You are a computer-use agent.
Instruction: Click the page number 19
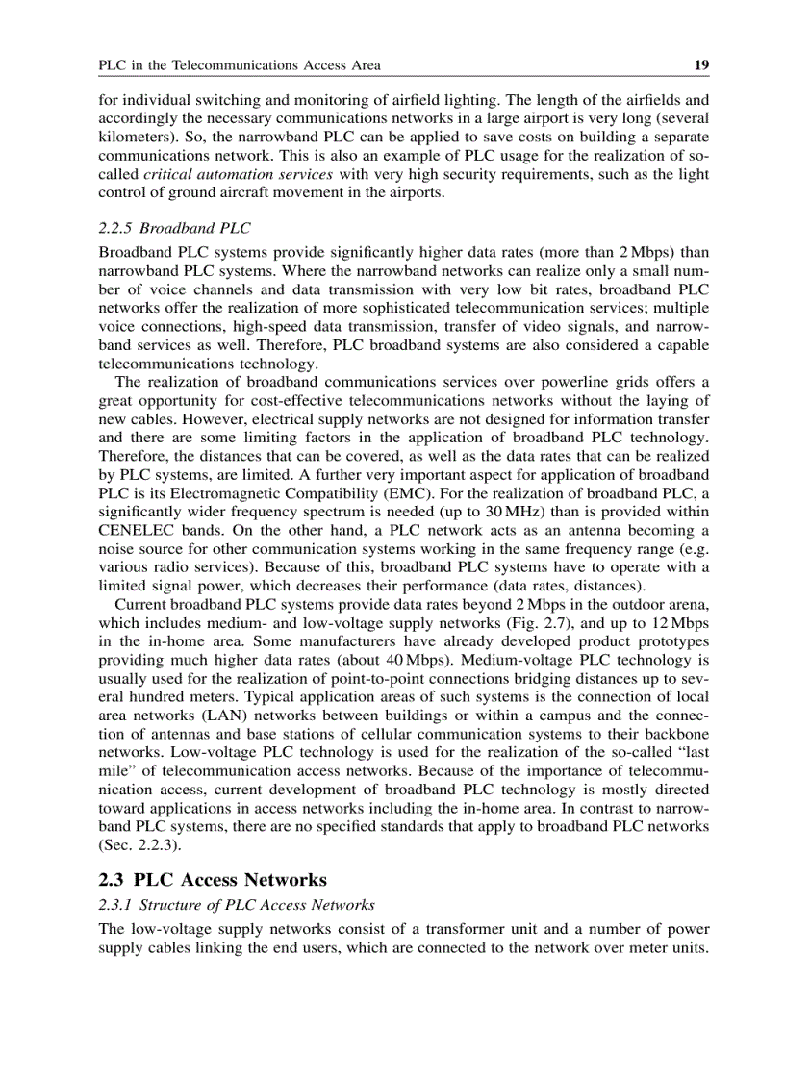(x=701, y=65)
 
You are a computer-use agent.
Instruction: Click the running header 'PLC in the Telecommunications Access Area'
(x=240, y=65)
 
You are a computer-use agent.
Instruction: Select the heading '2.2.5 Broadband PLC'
(x=174, y=228)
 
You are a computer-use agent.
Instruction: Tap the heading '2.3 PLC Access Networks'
(x=213, y=879)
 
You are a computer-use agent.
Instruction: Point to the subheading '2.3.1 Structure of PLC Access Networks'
(x=237, y=905)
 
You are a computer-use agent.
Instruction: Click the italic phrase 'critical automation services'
(x=238, y=174)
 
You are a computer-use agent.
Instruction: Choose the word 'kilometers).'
(x=133, y=138)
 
